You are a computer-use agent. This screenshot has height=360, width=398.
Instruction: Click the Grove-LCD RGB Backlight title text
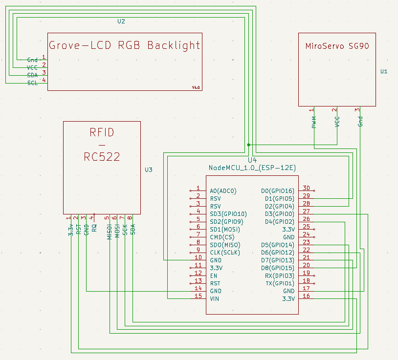click(x=124, y=45)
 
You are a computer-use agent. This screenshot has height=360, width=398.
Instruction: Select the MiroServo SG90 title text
click(x=337, y=47)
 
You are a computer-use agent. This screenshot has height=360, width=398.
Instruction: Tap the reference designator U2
click(x=121, y=21)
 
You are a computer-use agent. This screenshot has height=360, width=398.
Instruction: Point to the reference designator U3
click(x=149, y=170)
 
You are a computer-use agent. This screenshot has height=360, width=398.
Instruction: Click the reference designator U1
click(x=384, y=71)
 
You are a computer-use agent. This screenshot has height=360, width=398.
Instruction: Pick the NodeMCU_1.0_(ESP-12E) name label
click(x=252, y=168)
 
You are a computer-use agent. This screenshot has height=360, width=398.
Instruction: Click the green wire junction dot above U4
click(x=249, y=145)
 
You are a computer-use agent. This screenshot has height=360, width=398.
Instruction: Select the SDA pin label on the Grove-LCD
click(x=32, y=75)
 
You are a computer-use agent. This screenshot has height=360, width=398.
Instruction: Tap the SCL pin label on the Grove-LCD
click(x=32, y=83)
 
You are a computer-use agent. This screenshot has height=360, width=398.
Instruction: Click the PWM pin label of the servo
click(x=314, y=122)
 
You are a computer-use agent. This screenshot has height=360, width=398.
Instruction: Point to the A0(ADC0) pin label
click(x=223, y=191)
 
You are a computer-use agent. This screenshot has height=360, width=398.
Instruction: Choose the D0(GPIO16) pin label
click(x=278, y=191)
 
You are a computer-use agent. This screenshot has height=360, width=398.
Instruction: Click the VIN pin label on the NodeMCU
click(x=214, y=298)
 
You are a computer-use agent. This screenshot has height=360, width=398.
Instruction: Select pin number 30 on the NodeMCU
click(x=306, y=188)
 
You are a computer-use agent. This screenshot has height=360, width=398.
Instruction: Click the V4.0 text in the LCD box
click(x=196, y=87)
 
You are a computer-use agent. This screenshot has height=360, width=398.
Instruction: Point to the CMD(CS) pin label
click(x=222, y=237)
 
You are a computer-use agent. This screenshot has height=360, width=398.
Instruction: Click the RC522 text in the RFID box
click(x=102, y=157)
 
